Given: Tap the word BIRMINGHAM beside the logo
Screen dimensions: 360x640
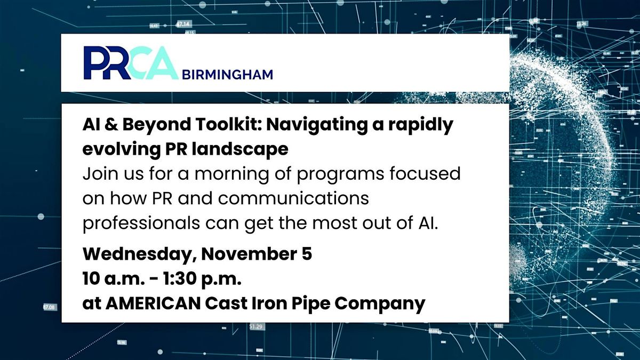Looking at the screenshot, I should click(227, 74).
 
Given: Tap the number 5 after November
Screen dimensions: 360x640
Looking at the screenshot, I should click(306, 254).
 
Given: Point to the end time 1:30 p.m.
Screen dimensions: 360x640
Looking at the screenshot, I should click(198, 279).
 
